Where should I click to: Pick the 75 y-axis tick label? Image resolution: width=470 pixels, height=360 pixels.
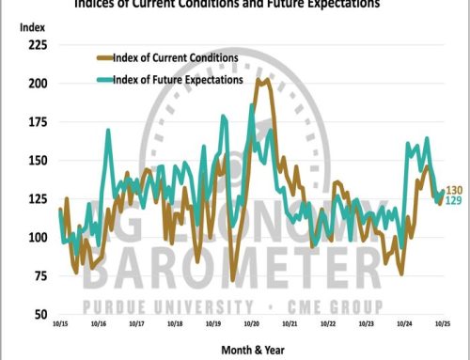pyautogui.click(x=39, y=274)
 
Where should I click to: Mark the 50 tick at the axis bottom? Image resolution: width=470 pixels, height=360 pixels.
pyautogui.click(x=39, y=313)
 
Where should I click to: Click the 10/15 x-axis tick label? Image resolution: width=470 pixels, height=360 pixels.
pyautogui.click(x=57, y=321)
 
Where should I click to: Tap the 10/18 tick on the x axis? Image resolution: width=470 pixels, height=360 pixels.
pyautogui.click(x=174, y=321)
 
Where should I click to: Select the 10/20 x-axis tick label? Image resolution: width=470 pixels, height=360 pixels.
pyautogui.click(x=251, y=321)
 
